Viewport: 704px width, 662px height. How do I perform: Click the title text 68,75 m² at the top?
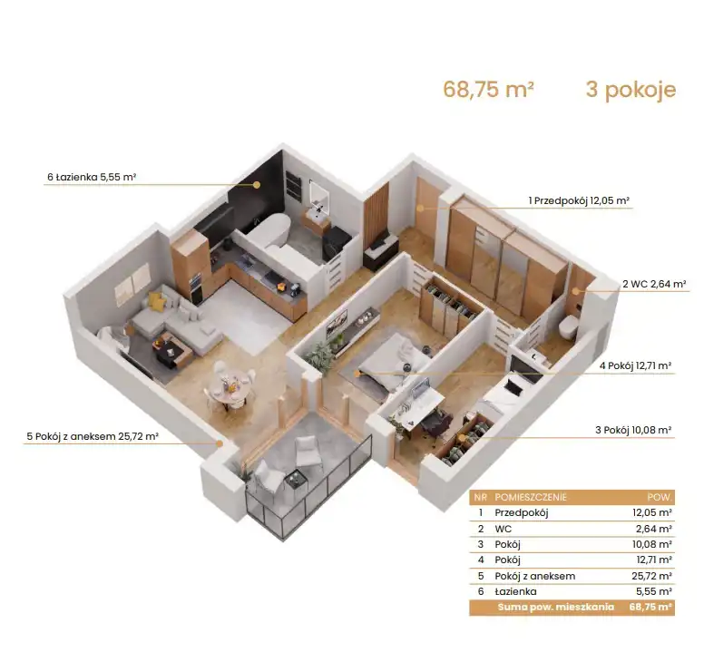[488, 89]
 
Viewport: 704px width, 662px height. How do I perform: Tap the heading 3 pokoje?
[631, 89]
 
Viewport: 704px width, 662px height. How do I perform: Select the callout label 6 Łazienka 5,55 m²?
[92, 177]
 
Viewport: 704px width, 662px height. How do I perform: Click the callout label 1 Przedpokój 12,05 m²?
[579, 200]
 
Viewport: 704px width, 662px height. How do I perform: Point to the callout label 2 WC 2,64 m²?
[654, 284]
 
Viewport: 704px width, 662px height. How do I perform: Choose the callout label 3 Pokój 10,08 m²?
[633, 430]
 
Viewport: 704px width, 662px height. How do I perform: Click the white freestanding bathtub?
[269, 229]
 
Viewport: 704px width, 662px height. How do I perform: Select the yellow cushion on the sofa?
[157, 301]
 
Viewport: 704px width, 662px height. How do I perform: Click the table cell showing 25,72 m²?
[651, 576]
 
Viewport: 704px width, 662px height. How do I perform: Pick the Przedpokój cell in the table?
[522, 512]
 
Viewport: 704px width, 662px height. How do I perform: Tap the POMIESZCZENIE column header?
[530, 497]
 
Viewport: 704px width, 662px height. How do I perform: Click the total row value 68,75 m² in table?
[650, 608]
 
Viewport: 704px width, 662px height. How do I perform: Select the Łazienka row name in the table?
[515, 591]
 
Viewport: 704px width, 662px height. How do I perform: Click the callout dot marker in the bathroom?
[257, 184]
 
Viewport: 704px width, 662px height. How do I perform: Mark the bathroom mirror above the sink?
[319, 195]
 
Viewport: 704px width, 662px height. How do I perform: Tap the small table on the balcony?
[296, 479]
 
